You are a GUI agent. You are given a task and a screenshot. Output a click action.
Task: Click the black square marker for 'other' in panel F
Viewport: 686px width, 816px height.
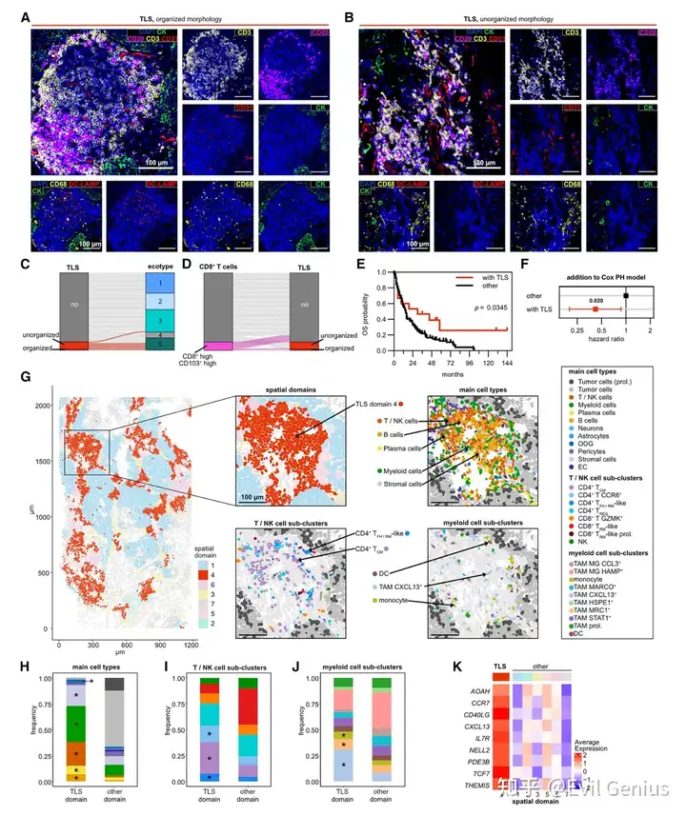626,295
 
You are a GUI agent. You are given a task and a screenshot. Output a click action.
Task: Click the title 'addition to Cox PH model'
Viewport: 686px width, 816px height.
609,275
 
